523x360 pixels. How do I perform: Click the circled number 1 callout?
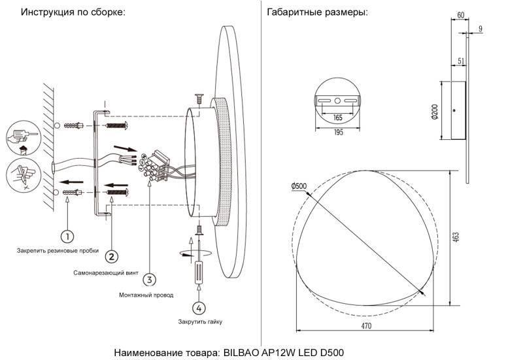click(x=68, y=235)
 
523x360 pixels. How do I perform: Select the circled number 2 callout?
click(x=112, y=256)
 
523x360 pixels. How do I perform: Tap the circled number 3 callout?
click(x=150, y=280)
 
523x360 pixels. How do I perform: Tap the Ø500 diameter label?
click(x=299, y=186)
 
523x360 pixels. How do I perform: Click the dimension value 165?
click(x=338, y=118)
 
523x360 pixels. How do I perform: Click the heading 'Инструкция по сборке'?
click(x=73, y=12)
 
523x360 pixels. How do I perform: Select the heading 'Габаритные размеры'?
click(x=317, y=12)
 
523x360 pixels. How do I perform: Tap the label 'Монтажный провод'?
click(x=146, y=295)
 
